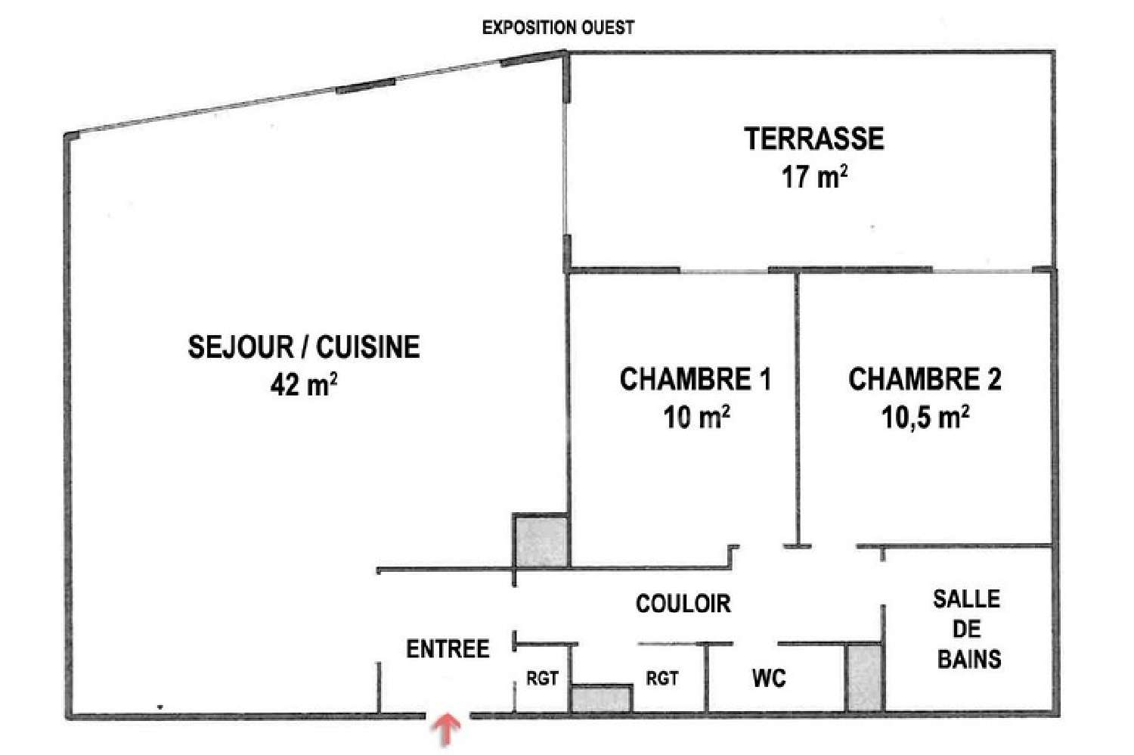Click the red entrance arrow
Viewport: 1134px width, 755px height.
447,730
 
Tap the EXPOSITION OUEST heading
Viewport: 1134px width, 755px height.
558,28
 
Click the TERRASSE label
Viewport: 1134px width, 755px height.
813,139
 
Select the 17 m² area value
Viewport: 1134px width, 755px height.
813,177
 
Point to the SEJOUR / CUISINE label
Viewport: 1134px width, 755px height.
303,346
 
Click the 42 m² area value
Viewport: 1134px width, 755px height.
303,384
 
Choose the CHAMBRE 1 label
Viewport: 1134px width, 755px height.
695,379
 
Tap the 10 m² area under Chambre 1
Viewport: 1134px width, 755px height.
696,416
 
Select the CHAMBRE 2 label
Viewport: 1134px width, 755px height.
925,379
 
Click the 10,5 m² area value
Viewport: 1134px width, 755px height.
925,416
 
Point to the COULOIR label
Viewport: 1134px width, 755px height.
683,604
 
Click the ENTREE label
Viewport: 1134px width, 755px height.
448,649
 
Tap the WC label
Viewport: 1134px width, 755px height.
769,678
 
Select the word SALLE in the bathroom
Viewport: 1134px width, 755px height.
966,599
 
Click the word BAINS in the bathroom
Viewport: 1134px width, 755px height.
968,659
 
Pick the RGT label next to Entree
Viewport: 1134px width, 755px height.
542,679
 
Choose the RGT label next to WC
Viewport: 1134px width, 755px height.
661,679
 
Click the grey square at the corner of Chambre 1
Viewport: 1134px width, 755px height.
541,540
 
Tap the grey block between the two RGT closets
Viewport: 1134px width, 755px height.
601,698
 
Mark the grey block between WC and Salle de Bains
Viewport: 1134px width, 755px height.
863,677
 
